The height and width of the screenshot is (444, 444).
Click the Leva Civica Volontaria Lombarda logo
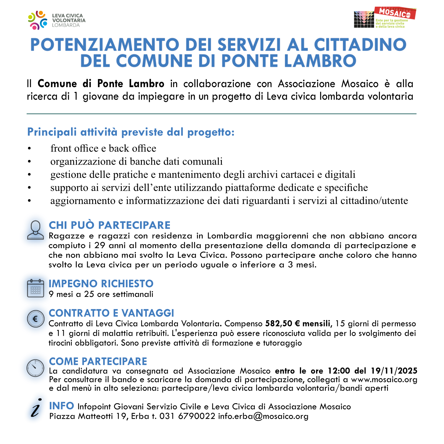[57, 20]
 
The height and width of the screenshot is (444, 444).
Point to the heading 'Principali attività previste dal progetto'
[131, 132]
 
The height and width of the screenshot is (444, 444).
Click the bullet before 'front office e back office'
[29, 149]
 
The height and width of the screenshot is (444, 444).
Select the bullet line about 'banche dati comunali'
[136, 162]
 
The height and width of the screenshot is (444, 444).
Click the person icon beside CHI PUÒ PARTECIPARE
[36, 230]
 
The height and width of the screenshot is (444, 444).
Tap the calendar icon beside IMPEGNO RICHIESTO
[36, 288]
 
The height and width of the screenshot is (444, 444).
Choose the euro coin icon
[36, 319]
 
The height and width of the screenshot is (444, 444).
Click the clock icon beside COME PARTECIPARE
[35, 368]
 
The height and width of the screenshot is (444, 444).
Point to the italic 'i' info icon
[36, 408]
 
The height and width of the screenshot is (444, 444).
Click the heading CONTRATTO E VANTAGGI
[111, 313]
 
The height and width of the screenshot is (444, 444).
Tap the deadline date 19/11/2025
[394, 371]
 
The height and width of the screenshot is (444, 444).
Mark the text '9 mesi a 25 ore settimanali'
[101, 294]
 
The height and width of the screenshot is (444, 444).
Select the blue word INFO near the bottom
[62, 406]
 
